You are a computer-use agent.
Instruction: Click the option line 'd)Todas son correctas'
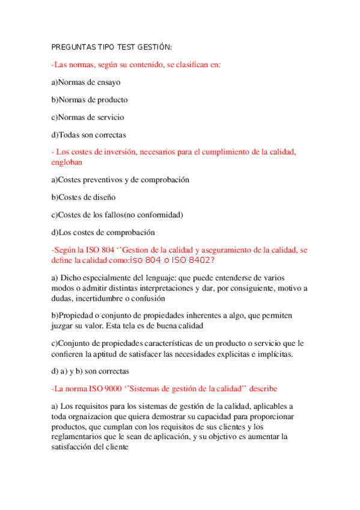[88, 135]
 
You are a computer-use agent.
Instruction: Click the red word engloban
[67, 162]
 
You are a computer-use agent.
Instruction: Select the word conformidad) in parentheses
[160, 214]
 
